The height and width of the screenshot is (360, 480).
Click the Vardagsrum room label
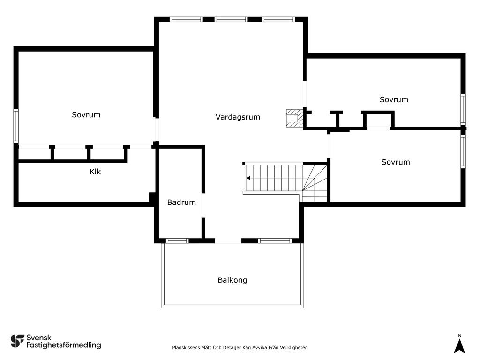(x=238, y=117)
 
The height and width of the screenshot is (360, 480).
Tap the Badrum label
(x=181, y=202)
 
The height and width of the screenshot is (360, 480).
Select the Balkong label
(x=232, y=280)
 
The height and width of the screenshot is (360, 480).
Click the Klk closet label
(x=95, y=172)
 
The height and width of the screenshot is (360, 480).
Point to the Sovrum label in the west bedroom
(x=86, y=115)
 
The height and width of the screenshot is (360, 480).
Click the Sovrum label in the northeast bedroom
(x=394, y=99)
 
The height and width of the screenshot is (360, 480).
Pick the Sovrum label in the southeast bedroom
(x=396, y=162)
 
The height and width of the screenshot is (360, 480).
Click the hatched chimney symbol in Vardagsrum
(x=294, y=118)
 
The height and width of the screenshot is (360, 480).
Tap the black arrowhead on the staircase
(x=248, y=178)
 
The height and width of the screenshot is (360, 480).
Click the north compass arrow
(x=459, y=346)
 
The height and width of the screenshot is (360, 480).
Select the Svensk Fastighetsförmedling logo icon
(x=17, y=341)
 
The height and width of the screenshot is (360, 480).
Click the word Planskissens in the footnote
(x=186, y=347)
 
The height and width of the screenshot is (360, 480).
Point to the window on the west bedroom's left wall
(x=16, y=126)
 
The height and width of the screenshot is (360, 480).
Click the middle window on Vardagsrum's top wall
(x=231, y=19)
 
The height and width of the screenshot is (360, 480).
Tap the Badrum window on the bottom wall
(x=177, y=241)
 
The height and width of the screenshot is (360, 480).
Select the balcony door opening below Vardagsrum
(x=228, y=241)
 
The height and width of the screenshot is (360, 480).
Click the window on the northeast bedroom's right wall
(x=463, y=109)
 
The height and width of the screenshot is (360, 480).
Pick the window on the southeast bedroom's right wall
(x=463, y=151)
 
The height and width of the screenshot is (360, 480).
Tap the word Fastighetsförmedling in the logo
(x=64, y=345)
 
